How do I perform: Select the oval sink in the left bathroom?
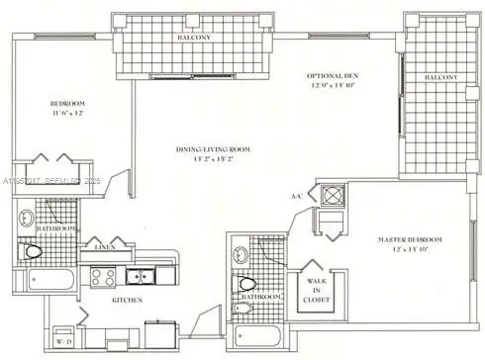(x=27, y=219)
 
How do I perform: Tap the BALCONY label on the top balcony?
(x=193, y=39)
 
